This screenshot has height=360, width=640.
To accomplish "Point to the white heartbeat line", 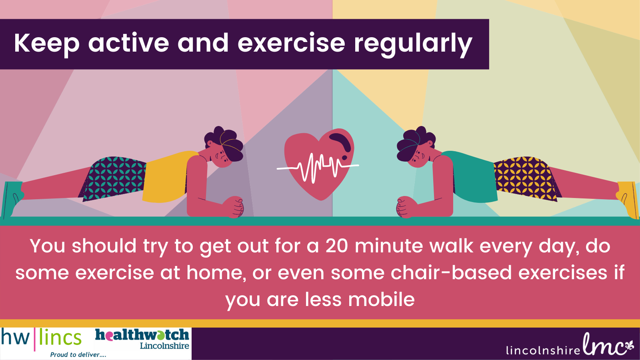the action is click(x=318, y=168).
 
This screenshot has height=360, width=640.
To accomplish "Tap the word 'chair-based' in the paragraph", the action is click(x=451, y=272).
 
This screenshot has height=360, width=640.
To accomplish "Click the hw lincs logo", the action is click(x=42, y=340).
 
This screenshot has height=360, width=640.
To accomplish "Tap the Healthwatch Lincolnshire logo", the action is click(x=142, y=339).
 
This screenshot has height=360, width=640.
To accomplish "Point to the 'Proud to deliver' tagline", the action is click(x=78, y=355).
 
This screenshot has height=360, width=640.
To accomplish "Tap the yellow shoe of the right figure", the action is click(x=628, y=200).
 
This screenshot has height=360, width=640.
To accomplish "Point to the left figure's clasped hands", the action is click(x=234, y=207).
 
